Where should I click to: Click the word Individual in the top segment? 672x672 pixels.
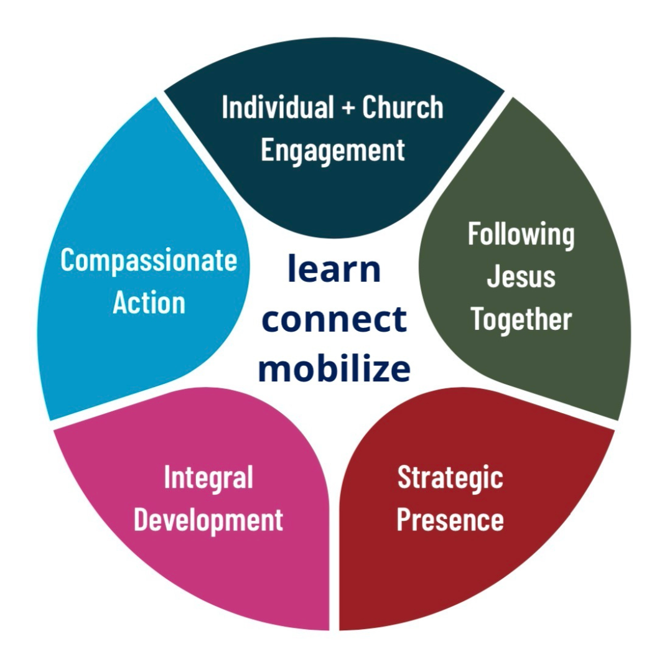pos(278,108)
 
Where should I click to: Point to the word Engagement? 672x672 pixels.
pos(333,150)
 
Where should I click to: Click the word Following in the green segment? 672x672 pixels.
pos(521,235)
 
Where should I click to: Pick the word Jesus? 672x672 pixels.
pos(521,277)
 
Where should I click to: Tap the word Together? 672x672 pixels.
pos(521,319)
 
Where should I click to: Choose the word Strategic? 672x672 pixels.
pos(450,478)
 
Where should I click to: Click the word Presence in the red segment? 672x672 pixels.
pos(450,520)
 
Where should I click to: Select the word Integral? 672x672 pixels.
pos(208,478)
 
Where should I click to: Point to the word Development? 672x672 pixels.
pos(208,520)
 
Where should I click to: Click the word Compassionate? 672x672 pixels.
pos(149,261)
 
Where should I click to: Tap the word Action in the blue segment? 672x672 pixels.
pos(149,303)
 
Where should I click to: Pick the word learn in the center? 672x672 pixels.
pos(334,269)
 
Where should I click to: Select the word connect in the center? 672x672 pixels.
pos(334,319)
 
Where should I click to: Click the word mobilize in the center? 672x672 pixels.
pos(334,368)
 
